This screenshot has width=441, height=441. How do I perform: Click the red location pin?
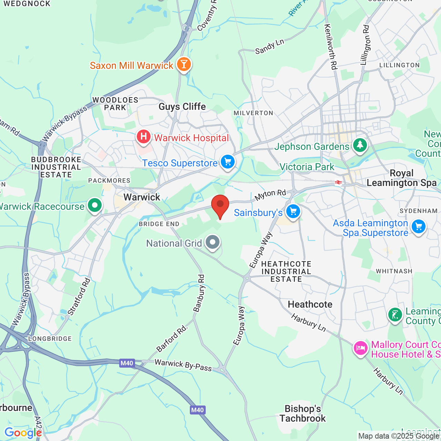pos(220,205)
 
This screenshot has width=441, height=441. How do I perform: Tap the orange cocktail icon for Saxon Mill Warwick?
pos(184,64)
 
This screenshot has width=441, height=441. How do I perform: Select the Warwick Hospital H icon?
pos(144,137)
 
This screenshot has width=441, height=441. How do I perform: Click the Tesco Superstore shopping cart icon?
pos(227,162)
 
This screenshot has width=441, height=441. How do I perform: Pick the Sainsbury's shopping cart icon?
pos(293,211)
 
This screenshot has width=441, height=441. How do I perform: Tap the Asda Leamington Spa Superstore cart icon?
pos(419,227)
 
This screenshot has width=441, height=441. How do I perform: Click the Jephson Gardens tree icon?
pos(360,145)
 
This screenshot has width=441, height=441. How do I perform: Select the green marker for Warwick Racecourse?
pos(95,205)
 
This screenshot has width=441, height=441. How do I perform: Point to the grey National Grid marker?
pos(213,242)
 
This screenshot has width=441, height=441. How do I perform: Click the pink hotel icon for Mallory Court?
pos(360,348)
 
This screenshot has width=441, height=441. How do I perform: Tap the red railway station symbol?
pos(338,182)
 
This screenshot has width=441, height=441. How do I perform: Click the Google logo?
pos(23,433)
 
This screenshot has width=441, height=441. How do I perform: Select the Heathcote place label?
pos(310,304)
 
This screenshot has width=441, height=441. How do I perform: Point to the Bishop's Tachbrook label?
pos(302,413)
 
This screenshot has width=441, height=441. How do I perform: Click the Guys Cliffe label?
pos(182,106)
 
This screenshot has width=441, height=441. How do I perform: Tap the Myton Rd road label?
pos(270,195)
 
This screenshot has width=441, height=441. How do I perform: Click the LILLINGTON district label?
pos(399,65)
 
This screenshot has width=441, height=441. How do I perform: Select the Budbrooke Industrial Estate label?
pos(56,167)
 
